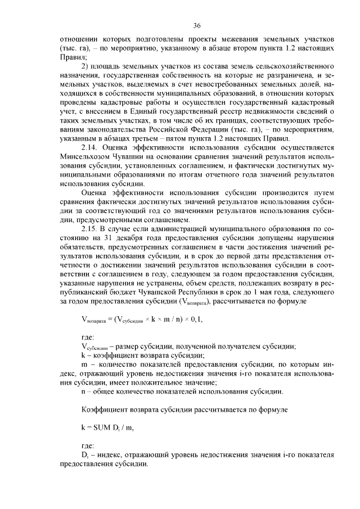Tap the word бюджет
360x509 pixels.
(114, 292)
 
